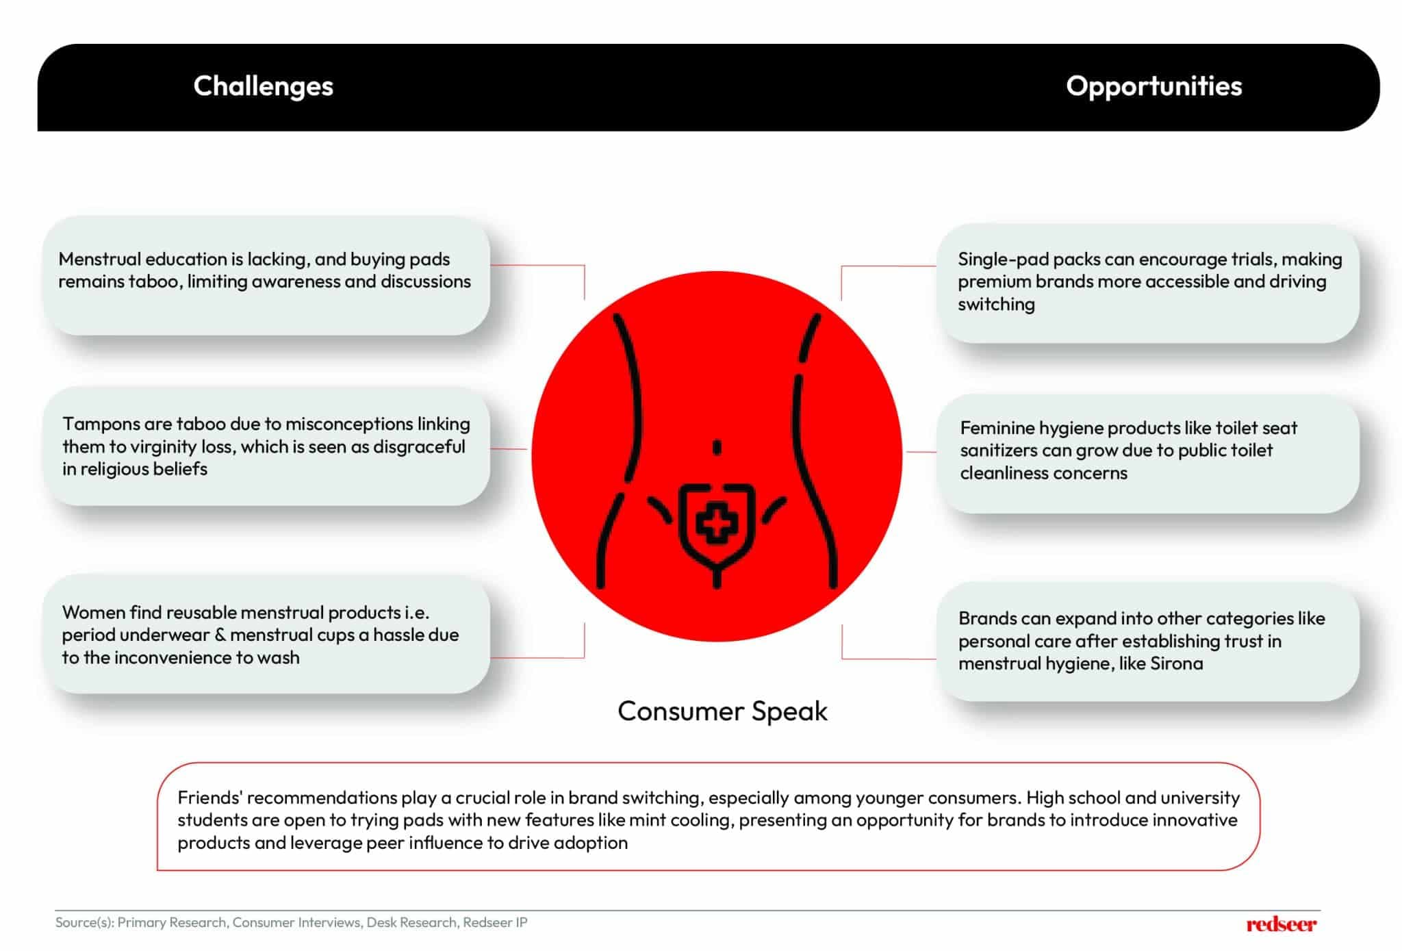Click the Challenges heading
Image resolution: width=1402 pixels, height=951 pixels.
click(263, 86)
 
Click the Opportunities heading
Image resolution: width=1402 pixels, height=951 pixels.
click(1154, 86)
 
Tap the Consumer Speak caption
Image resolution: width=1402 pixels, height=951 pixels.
click(722, 711)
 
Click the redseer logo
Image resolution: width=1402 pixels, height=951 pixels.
click(1281, 924)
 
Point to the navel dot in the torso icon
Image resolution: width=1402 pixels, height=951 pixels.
click(717, 448)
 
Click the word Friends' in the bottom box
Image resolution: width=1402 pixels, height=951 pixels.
click(209, 798)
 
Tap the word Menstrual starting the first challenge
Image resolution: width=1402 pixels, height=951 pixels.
click(100, 259)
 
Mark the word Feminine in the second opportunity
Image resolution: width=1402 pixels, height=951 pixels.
click(997, 428)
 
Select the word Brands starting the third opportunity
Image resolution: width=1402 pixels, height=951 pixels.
click(986, 618)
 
